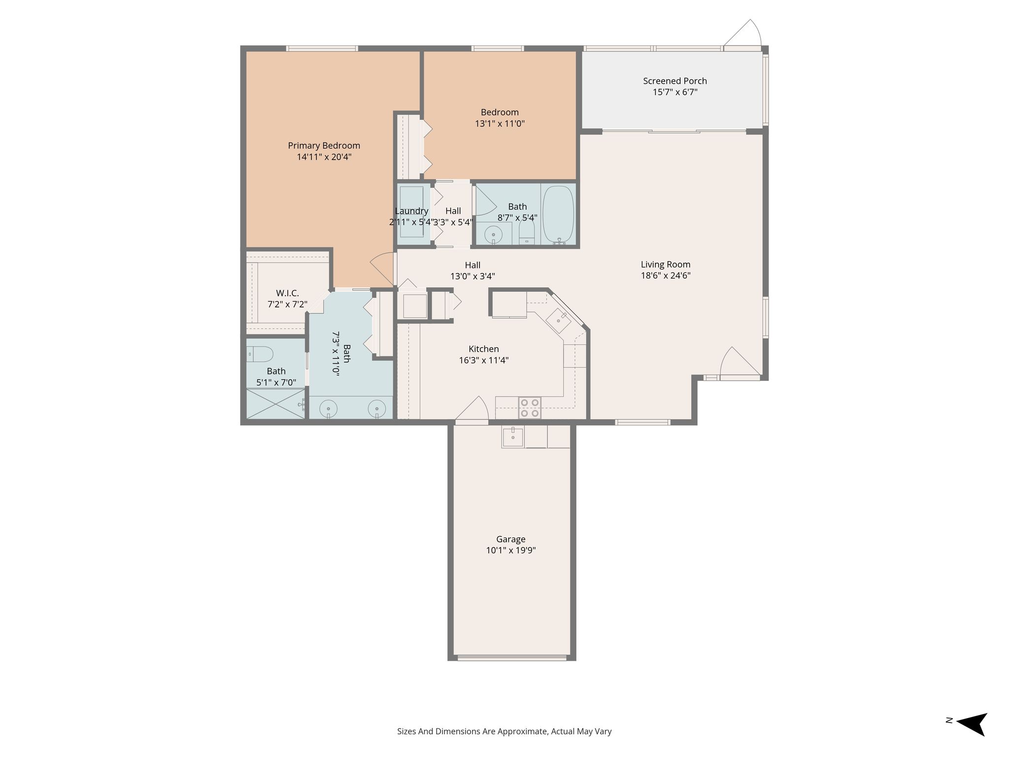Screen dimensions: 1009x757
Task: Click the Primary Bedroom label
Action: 324,146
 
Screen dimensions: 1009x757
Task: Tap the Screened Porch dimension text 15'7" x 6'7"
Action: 675,92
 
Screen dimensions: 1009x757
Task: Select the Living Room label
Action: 666,265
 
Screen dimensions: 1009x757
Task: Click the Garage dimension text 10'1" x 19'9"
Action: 511,551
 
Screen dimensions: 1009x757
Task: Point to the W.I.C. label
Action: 287,293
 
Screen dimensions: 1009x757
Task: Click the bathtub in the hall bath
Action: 558,214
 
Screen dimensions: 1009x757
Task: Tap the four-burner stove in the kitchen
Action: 530,408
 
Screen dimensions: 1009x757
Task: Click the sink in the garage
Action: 513,437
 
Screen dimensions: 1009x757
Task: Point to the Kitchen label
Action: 484,349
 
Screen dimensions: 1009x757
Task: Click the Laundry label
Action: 411,211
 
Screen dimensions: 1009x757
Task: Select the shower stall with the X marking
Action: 275,404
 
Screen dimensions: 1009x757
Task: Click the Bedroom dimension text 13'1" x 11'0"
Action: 500,124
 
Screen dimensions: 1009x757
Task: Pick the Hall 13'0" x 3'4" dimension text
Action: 472,276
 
